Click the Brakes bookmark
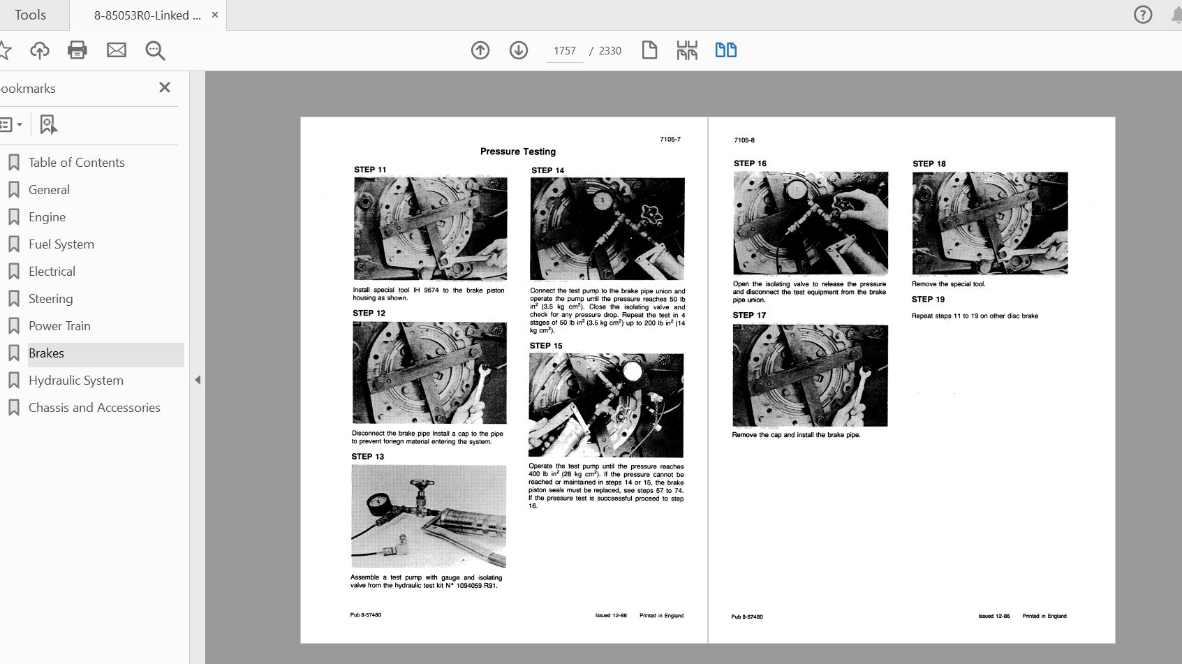point(46,353)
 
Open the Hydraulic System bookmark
point(76,381)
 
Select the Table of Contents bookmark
point(77,163)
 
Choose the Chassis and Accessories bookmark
point(94,408)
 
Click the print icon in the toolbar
point(77,50)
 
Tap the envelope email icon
point(116,50)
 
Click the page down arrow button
point(519,50)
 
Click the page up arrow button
point(480,50)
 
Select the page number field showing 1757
point(565,51)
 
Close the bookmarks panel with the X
point(165,87)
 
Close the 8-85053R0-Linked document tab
point(215,15)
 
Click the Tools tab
point(30,15)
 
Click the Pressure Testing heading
point(517,152)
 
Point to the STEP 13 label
point(368,457)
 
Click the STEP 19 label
point(928,300)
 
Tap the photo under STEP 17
point(810,375)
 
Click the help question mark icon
point(1143,15)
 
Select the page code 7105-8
point(744,140)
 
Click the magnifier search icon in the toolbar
point(155,51)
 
